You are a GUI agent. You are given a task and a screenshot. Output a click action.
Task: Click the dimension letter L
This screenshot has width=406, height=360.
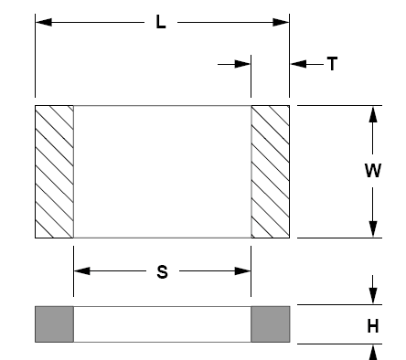pos(161,23)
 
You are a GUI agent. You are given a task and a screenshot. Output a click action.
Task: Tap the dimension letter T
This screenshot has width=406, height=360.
pos(332,64)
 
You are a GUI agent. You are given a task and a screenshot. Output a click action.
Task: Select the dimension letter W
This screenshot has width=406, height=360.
pos(373,171)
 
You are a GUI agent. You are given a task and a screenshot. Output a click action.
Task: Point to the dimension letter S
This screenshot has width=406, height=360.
pos(162,272)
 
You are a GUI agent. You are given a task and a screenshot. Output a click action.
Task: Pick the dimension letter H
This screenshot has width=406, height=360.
pos(373,326)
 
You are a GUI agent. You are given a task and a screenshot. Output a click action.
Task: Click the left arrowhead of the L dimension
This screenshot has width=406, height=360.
pos(44,22)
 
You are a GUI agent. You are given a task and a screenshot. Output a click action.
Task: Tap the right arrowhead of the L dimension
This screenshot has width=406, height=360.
pos(281,22)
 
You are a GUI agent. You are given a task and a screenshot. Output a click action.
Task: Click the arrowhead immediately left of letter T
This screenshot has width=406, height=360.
pos(298,64)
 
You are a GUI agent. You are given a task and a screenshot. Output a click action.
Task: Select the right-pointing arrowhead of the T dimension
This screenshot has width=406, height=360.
pos(242,64)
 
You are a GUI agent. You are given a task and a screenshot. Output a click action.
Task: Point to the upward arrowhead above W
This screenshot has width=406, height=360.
pos(373,114)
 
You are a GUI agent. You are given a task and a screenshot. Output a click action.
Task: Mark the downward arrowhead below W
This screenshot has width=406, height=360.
pos(373,229)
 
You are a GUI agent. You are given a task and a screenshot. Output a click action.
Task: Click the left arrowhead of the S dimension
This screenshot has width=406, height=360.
pos(82,270)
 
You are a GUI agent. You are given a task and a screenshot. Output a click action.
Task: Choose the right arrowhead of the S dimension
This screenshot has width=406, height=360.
pos(242,270)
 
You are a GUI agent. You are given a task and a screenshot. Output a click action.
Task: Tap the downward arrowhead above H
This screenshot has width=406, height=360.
pos(373,296)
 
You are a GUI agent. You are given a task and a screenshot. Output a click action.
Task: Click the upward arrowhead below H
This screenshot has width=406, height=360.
pos(373,353)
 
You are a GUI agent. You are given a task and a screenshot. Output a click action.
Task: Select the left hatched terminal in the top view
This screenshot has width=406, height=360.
pos(54,172)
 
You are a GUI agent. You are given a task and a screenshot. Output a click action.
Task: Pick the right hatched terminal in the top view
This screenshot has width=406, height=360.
pos(271,172)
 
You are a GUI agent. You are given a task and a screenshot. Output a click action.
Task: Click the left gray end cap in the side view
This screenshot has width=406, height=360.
pos(54,324)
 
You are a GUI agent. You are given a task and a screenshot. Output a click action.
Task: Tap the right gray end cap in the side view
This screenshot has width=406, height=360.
pos(271,324)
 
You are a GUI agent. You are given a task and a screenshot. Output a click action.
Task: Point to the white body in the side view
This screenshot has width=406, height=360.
pos(162,324)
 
